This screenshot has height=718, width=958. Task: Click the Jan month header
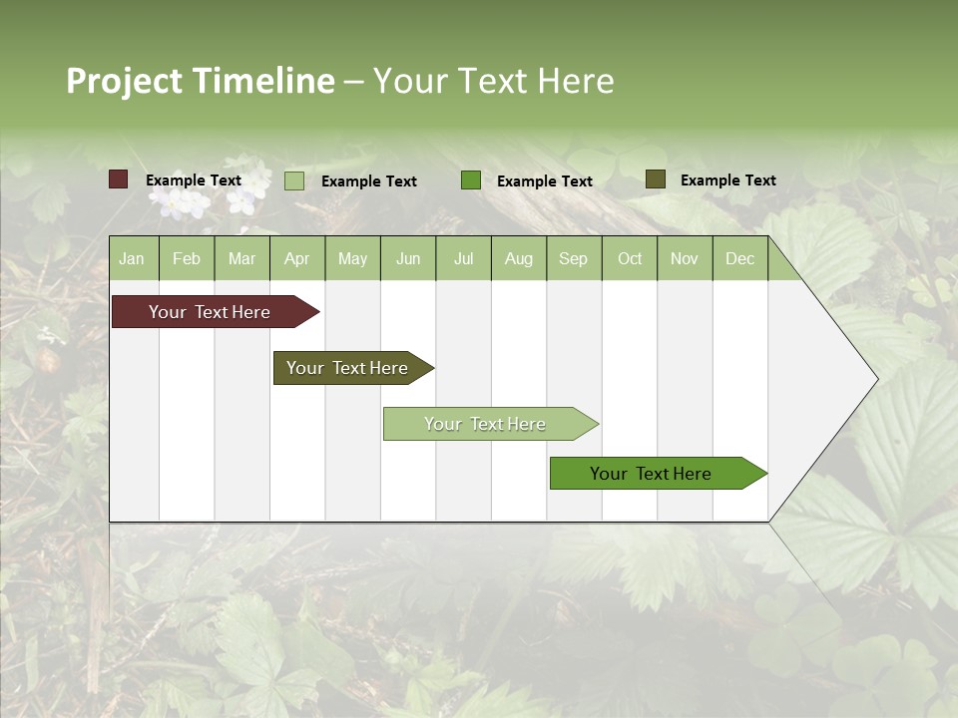coord(132,259)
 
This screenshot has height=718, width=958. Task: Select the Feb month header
coord(187,259)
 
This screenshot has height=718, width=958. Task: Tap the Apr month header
coord(296,259)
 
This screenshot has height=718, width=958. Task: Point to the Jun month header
coord(408,259)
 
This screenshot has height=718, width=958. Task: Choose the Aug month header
coord(518,259)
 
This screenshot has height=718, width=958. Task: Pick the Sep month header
coord(573,259)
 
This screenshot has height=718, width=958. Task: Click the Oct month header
coord(630,259)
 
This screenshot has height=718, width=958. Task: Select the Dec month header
coord(739,259)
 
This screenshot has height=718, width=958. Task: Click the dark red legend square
coord(119,179)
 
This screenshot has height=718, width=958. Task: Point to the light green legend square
coord(294,180)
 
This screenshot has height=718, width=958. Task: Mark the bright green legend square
coord(471,180)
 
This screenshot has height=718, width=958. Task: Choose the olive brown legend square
coord(655,179)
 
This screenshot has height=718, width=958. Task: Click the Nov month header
coord(684,259)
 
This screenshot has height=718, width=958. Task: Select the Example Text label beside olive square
coord(727,180)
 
